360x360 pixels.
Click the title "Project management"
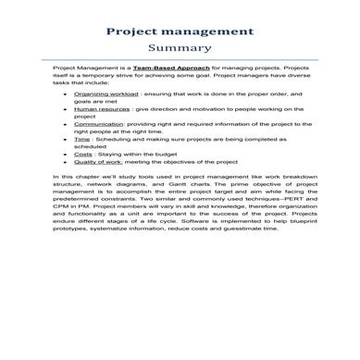pos(180,31)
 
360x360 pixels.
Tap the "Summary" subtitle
pos(180,49)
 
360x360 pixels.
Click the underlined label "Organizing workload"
pos(102,94)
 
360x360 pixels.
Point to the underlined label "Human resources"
pos(98,109)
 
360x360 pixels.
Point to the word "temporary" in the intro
pos(98,77)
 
